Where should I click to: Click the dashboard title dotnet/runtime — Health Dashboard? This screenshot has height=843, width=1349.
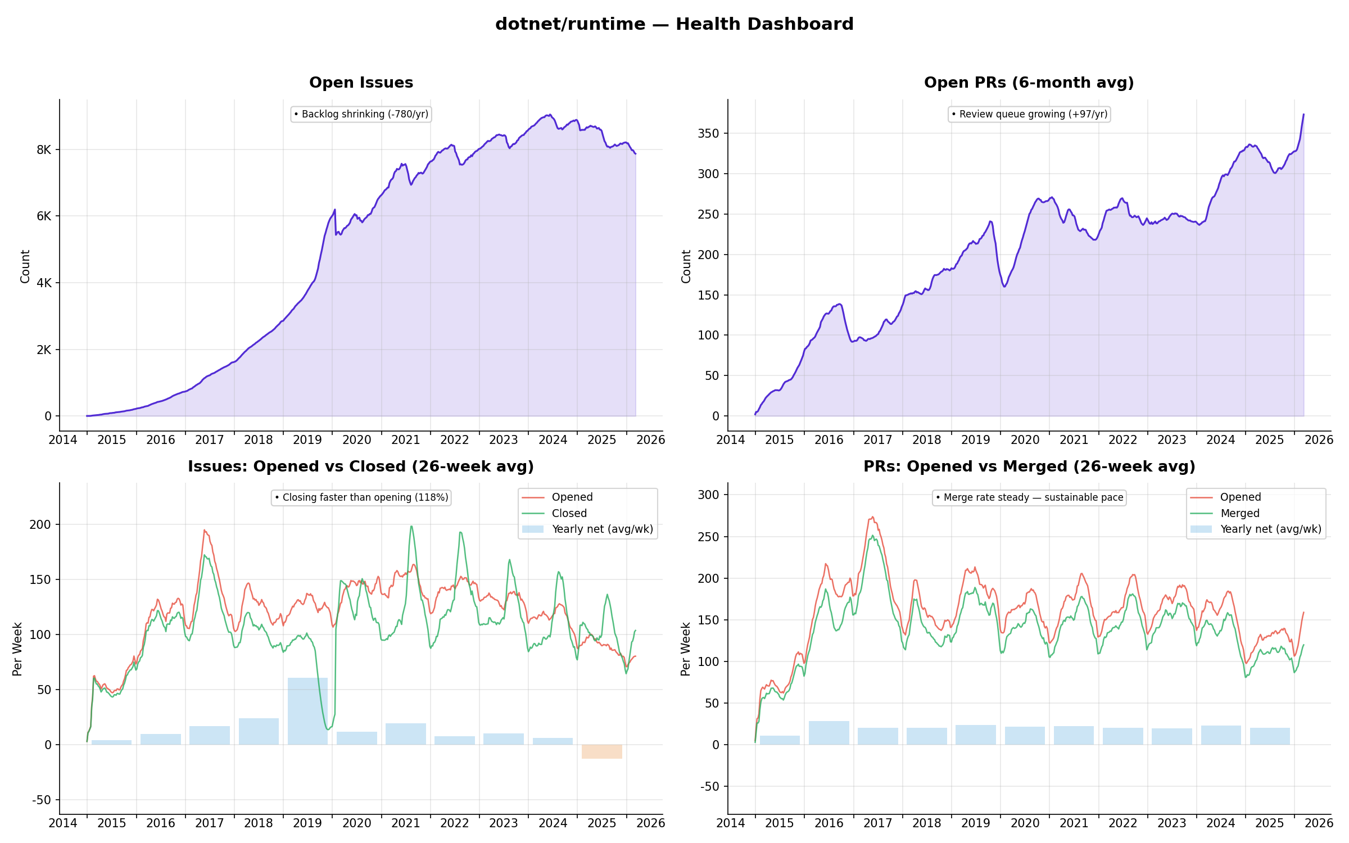point(674,24)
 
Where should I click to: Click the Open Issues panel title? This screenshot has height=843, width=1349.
point(361,83)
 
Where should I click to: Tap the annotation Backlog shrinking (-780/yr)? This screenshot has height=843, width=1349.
point(361,114)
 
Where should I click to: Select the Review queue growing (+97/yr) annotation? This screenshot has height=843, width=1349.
point(1029,114)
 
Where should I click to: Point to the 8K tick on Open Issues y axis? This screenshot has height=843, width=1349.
point(44,149)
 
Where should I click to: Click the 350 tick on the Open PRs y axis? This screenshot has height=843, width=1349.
point(708,133)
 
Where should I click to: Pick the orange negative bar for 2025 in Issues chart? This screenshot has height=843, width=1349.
point(601,751)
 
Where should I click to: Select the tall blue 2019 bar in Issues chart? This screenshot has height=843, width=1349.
point(307,711)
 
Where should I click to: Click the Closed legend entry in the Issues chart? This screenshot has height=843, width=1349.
point(569,513)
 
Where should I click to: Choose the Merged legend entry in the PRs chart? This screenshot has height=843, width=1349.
point(1239,513)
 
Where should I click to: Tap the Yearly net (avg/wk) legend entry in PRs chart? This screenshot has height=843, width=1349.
point(1270,529)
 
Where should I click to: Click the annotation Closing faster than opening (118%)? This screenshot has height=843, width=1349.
point(361,497)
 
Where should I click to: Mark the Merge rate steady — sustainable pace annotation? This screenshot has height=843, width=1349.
point(1029,497)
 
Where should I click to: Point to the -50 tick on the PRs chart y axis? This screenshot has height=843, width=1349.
point(709,786)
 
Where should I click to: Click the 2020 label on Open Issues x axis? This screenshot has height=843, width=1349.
point(356,439)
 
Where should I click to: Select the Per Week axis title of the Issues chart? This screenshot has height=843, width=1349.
point(17,649)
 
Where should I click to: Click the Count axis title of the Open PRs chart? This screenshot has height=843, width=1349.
point(686,266)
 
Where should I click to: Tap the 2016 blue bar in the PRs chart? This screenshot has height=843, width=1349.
point(829,733)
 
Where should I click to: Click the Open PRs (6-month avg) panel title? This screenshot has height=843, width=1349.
point(1029,83)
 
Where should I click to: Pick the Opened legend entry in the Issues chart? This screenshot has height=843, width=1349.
point(572,497)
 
